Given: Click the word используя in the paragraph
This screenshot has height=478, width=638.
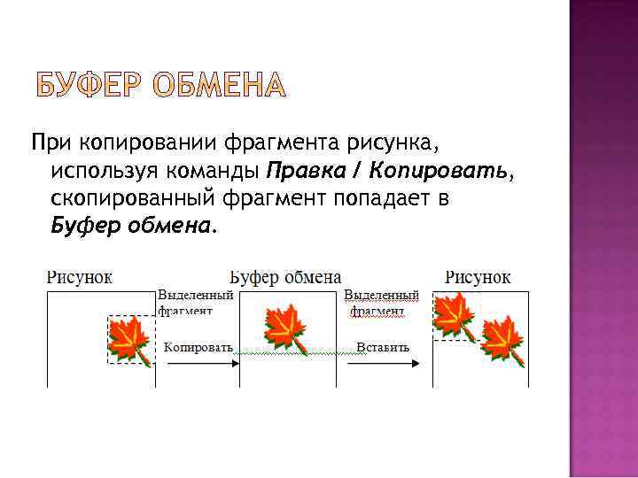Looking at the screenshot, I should click(102, 170).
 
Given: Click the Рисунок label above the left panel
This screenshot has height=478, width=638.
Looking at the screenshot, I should click(79, 277).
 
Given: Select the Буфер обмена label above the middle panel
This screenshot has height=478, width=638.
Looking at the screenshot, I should click(285, 277).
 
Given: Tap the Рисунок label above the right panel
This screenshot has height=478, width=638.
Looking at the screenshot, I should click(478, 277).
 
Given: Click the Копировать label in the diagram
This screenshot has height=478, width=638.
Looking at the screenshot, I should click(198, 347).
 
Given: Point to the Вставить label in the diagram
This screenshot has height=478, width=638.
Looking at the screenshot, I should click(383, 347).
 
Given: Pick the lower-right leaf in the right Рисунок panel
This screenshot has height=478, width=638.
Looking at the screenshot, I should click(502, 339).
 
